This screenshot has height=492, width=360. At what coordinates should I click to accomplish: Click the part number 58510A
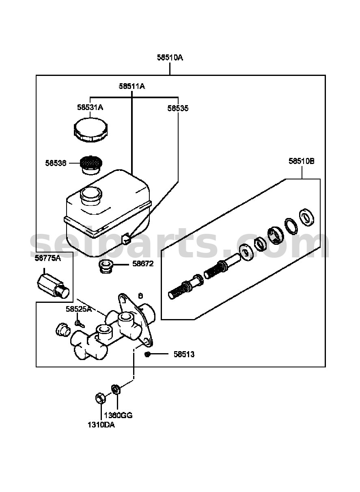coord(170,58)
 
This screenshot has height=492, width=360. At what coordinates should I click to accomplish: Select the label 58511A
coord(132,86)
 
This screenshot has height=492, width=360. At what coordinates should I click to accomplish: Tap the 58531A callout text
coord(90,108)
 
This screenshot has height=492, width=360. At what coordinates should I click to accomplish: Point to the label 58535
coord(178,108)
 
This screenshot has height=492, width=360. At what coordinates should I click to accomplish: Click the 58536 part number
coord(56,163)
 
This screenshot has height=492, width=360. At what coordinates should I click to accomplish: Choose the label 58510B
coord(302,161)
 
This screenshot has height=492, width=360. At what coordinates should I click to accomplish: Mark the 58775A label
coord(47,258)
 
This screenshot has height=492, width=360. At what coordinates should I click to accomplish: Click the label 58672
coord(143,263)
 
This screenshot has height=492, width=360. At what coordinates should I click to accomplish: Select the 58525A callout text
coord(79,309)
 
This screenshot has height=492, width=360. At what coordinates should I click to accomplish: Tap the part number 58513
coord(184,354)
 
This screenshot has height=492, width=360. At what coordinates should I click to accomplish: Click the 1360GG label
coord(119,416)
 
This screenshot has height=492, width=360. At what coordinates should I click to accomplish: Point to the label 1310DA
coord(101,425)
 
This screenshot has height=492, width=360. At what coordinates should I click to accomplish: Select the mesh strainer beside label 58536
coord(91,165)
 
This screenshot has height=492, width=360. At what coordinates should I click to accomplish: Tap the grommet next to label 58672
coord(106,266)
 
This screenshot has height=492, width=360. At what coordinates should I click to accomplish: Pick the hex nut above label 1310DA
coord(100,398)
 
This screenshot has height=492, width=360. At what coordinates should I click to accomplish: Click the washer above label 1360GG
coord(116,389)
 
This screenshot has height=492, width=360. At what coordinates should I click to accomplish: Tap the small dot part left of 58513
coord(147,354)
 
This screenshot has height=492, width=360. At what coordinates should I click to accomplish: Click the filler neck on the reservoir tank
coord(91,196)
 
